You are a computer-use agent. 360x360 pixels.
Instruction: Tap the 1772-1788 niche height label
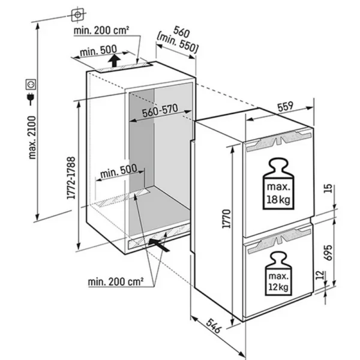pyautogui.click(x=71, y=178)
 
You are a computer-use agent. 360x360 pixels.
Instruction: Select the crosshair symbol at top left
pyautogui.click(x=77, y=13)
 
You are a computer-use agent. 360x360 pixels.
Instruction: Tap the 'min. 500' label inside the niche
pyautogui.click(x=118, y=172)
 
